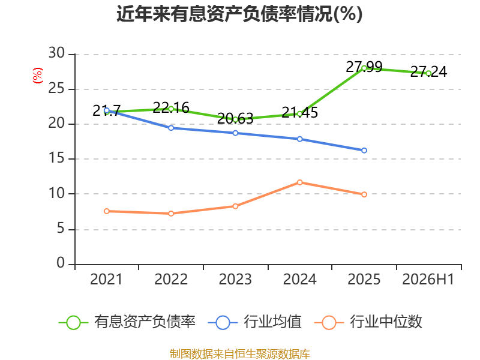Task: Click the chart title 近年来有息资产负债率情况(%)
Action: (x=239, y=14)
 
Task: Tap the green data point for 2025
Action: (x=364, y=68)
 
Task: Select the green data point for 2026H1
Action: (x=428, y=73)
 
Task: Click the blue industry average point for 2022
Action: (x=171, y=128)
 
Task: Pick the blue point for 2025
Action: (x=364, y=151)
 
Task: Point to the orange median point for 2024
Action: (x=299, y=182)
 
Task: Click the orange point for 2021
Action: (x=107, y=211)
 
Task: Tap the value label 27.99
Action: (x=364, y=67)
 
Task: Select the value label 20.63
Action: (x=235, y=119)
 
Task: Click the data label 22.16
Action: (x=171, y=108)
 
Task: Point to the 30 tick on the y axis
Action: (x=56, y=53)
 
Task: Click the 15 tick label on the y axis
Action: (x=56, y=158)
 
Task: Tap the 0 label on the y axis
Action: (x=61, y=263)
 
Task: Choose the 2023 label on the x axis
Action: (x=235, y=279)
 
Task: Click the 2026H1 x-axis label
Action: (x=428, y=279)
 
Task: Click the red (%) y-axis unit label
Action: (x=37, y=76)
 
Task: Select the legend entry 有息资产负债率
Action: (x=127, y=322)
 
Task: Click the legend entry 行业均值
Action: (x=254, y=322)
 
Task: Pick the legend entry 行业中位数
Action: (x=368, y=322)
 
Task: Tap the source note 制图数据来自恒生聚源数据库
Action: (x=239, y=354)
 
